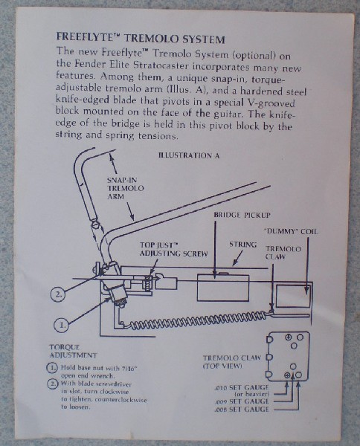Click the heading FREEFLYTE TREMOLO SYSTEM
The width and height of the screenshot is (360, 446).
pos(141,38)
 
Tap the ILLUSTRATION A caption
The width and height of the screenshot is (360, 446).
pos(189,155)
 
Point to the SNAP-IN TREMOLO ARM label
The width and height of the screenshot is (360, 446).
pos(125,188)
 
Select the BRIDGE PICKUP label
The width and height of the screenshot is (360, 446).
pos(242,215)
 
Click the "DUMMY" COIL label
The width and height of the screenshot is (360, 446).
pos(291,231)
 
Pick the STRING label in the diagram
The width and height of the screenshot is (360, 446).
pos(242,245)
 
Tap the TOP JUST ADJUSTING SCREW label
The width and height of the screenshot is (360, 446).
pos(173,249)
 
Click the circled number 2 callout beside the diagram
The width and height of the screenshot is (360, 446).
pos(58,294)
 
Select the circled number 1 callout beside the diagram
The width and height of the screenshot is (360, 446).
pos(62,325)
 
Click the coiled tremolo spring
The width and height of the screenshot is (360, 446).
pos(199,320)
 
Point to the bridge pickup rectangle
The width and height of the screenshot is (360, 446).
pos(223,287)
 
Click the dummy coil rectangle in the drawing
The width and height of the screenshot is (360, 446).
pos(293,296)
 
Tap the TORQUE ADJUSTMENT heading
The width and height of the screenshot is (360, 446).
pos(73,352)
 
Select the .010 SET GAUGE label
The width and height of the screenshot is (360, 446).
pos(242,390)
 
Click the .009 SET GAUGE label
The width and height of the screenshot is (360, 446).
pos(242,401)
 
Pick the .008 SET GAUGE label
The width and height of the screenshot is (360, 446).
pos(242,410)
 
